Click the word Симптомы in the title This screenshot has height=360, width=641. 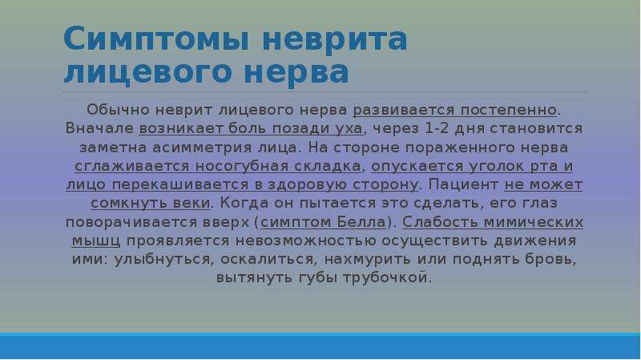tap(156, 39)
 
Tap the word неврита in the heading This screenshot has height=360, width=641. tap(334, 39)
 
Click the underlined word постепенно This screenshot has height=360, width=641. tap(509, 110)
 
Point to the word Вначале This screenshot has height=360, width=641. tap(99, 128)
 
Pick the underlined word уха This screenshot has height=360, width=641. tap(349, 129)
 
